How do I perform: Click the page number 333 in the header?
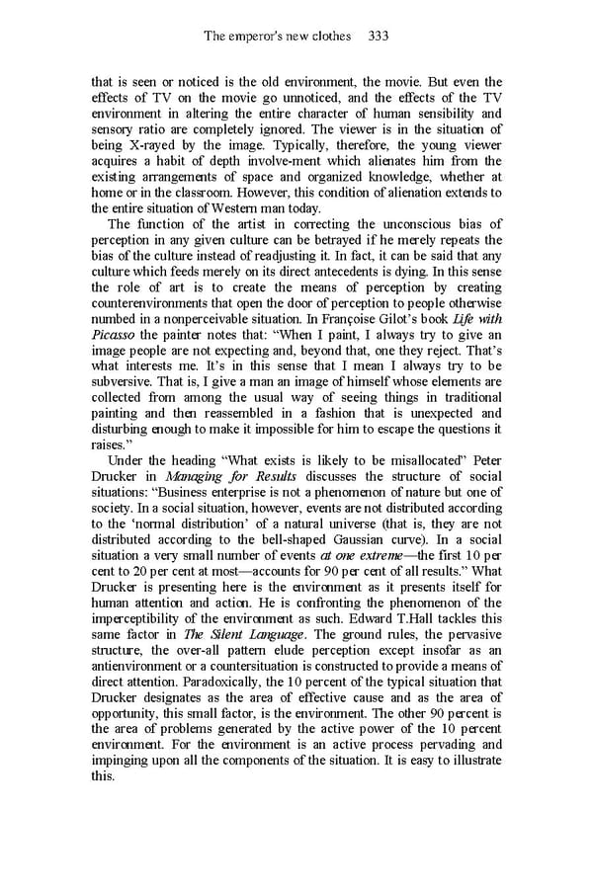coord(377,37)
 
